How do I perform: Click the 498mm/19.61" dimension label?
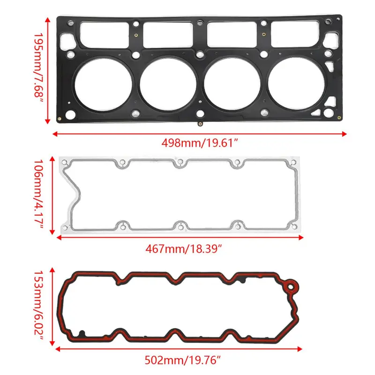(200, 143)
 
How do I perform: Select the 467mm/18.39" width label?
(184, 249)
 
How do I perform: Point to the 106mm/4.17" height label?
(38, 194)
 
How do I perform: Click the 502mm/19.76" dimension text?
(182, 360)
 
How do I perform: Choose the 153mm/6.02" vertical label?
(38, 306)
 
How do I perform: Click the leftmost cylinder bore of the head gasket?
(103, 84)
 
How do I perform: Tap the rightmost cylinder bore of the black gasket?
(296, 83)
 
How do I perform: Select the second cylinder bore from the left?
(168, 84)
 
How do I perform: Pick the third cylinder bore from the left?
(232, 83)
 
